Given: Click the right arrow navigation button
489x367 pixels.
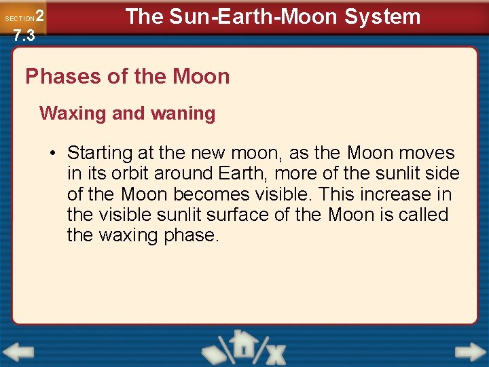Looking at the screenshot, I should pyautogui.click(x=470, y=352).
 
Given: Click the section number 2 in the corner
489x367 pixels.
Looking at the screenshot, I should pyautogui.click(x=39, y=16).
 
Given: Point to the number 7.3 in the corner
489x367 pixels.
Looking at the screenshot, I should pyautogui.click(x=24, y=35).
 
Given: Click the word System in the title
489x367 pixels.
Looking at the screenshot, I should pyautogui.click(x=382, y=16).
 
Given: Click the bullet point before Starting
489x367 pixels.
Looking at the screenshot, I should pyautogui.click(x=52, y=154).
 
